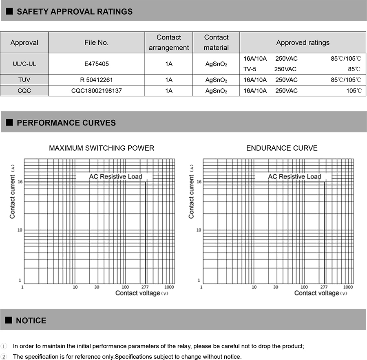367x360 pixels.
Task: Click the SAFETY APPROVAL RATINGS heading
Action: pos(74,11)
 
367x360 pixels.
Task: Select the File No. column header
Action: pos(96,42)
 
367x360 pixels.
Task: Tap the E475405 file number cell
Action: pos(96,64)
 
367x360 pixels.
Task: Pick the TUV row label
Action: pos(24,80)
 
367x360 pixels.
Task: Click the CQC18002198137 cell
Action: pos(96,91)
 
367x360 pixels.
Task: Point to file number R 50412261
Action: pos(96,80)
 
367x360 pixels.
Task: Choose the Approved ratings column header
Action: pos(303,42)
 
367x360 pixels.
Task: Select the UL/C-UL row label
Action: pos(24,64)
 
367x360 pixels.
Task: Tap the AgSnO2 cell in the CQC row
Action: pos(216,91)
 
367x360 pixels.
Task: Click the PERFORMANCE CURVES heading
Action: pos(66,123)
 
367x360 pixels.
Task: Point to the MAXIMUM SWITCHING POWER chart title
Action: pos(102,148)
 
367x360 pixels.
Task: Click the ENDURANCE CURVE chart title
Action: pos(282,148)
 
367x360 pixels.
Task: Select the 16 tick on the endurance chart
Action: pos(199,182)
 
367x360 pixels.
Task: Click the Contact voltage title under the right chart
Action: pos(317,293)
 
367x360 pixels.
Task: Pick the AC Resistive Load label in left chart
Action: pos(115,176)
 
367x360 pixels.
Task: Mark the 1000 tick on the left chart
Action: pos(169,287)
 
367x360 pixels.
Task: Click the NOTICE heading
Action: pos(31,320)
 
